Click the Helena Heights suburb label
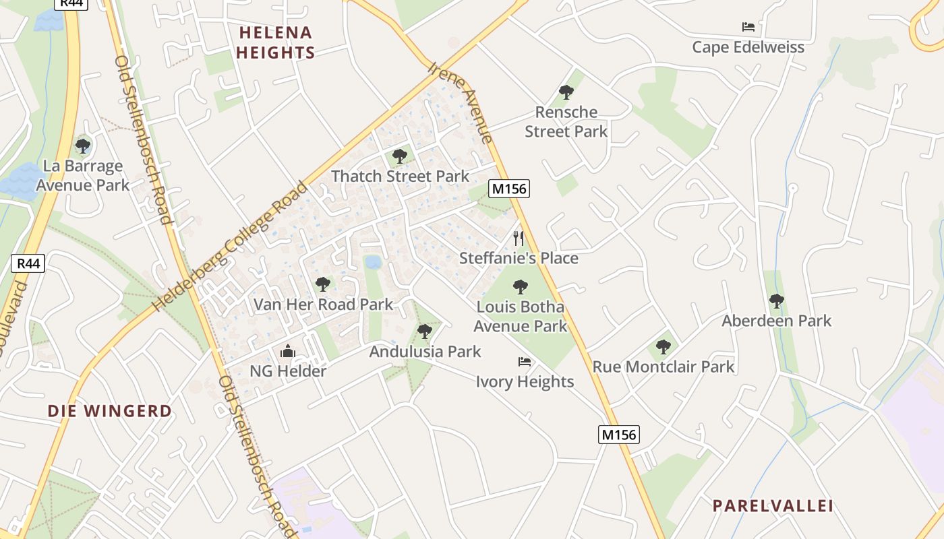pyautogui.click(x=276, y=42)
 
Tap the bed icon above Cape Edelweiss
pyautogui.click(x=748, y=27)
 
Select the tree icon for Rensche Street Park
pyautogui.click(x=566, y=92)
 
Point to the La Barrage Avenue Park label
pyautogui.click(x=82, y=175)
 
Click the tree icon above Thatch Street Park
pyautogui.click(x=400, y=156)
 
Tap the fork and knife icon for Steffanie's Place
pyautogui.click(x=519, y=238)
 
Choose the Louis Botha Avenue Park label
pyautogui.click(x=520, y=317)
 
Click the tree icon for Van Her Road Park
pyautogui.click(x=323, y=284)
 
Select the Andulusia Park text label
pyautogui.click(x=425, y=351)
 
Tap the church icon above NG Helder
pyautogui.click(x=288, y=351)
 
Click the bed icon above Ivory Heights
pyautogui.click(x=525, y=362)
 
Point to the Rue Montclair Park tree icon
pyautogui.click(x=663, y=347)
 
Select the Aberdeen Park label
pyautogui.click(x=777, y=321)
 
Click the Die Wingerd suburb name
pyautogui.click(x=110, y=410)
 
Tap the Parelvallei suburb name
pyautogui.click(x=773, y=505)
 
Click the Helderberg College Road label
pyautogui.click(x=229, y=247)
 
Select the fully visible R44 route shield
pyautogui.click(x=28, y=263)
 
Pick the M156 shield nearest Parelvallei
pyautogui.click(x=618, y=435)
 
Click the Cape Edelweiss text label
pyautogui.click(x=748, y=47)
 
